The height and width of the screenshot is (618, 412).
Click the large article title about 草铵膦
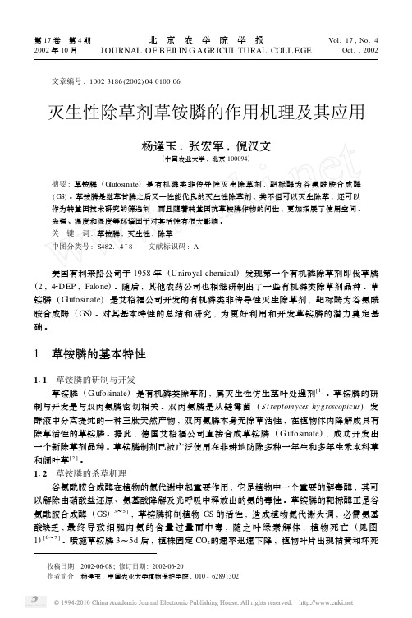(x=205, y=110)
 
